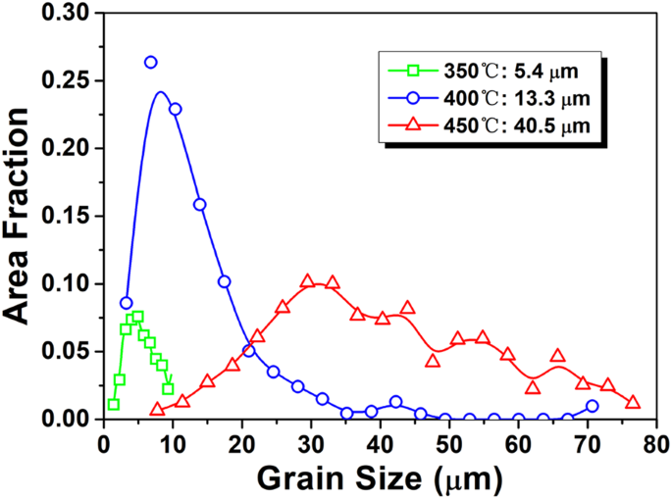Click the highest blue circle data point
150,62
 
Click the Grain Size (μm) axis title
379,477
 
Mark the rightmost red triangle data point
633,402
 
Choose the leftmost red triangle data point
158,409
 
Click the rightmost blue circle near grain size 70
592,406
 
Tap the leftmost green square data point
114,404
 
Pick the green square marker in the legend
414,71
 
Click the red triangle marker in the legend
414,125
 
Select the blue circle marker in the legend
414,98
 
